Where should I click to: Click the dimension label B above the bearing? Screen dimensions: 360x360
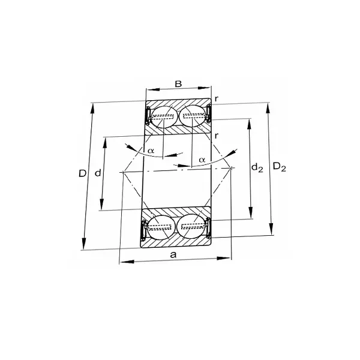[x=178, y=83]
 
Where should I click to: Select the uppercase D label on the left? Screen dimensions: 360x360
[x=83, y=173]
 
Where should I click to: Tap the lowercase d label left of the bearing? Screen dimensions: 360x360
[x=97, y=173]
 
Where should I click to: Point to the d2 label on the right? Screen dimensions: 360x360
[x=257, y=168]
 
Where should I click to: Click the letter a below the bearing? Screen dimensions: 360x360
[x=173, y=254]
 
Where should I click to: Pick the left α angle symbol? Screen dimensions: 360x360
[x=151, y=150]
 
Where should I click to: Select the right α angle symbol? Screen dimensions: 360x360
[x=202, y=159]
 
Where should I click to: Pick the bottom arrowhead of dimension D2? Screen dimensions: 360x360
[x=271, y=232]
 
